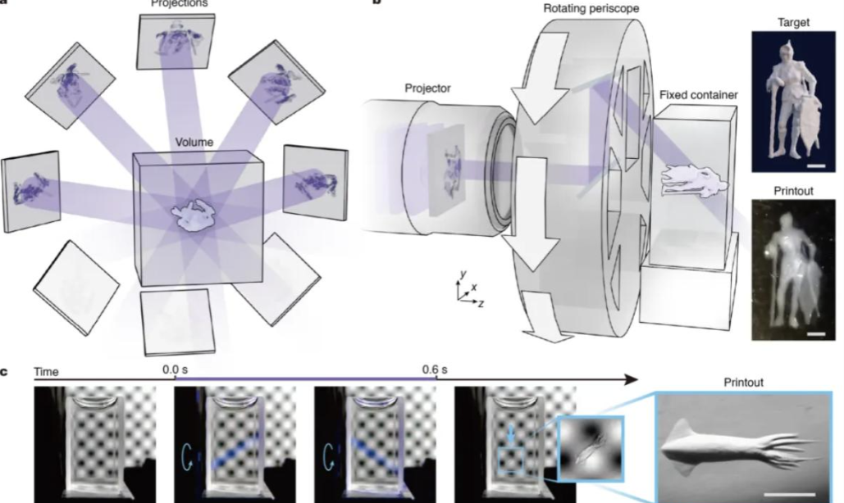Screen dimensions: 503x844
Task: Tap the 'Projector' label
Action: click(427, 87)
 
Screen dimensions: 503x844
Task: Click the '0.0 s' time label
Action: click(178, 370)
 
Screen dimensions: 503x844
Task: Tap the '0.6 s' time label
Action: click(436, 370)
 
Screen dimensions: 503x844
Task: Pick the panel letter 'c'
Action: click(5, 371)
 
